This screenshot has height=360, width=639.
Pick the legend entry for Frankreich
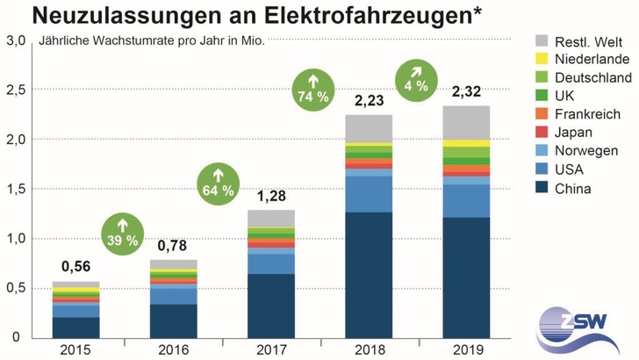tap(585, 114)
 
